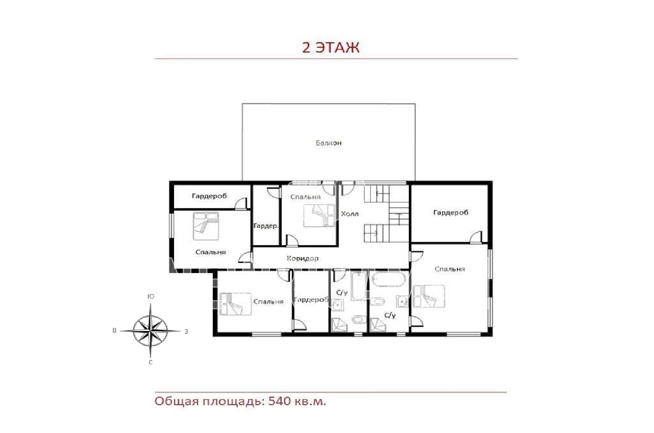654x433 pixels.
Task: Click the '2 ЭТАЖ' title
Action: pyautogui.click(x=330, y=48)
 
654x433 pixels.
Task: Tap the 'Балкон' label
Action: pyautogui.click(x=329, y=143)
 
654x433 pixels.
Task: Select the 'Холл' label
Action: pyautogui.click(x=350, y=214)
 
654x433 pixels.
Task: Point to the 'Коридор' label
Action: pyautogui.click(x=302, y=258)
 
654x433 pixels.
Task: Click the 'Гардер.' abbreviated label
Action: pyautogui.click(x=266, y=226)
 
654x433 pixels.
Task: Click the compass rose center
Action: pyautogui.click(x=150, y=331)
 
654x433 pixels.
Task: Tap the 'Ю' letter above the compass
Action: pyautogui.click(x=151, y=297)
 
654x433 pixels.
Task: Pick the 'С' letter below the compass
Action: pyautogui.click(x=151, y=362)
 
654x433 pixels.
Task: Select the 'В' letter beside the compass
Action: pyautogui.click(x=114, y=330)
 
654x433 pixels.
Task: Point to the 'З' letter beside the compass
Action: pyautogui.click(x=186, y=331)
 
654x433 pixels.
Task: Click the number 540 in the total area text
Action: pyautogui.click(x=279, y=401)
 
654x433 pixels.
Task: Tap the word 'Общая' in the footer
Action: pyautogui.click(x=177, y=402)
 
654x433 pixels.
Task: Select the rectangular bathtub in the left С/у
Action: pyautogui.click(x=358, y=286)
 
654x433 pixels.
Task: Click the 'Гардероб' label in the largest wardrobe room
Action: pyautogui.click(x=450, y=212)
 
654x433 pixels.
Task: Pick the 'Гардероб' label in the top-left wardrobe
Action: pyautogui.click(x=209, y=196)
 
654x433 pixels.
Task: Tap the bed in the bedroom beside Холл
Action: pyautogui.click(x=319, y=216)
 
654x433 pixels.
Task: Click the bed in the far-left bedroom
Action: pyautogui.click(x=206, y=226)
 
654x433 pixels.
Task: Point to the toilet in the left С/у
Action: pyautogui.click(x=359, y=319)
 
